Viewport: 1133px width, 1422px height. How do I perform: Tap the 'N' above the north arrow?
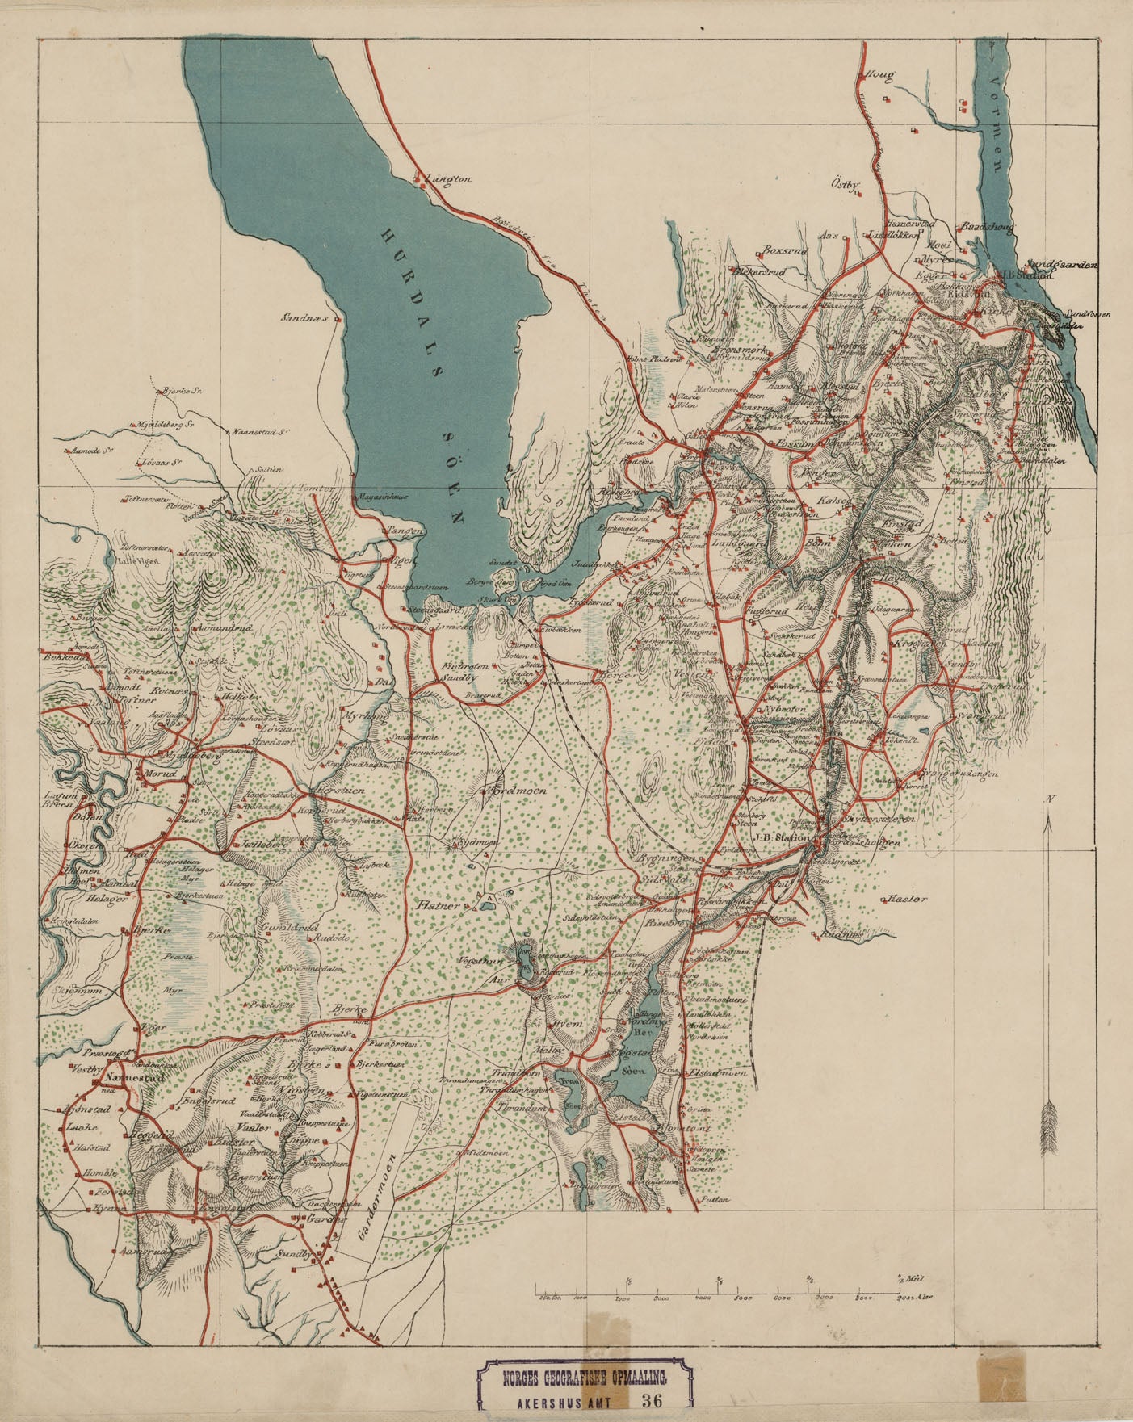(x=1049, y=799)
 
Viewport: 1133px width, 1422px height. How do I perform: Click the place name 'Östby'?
(x=845, y=184)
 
